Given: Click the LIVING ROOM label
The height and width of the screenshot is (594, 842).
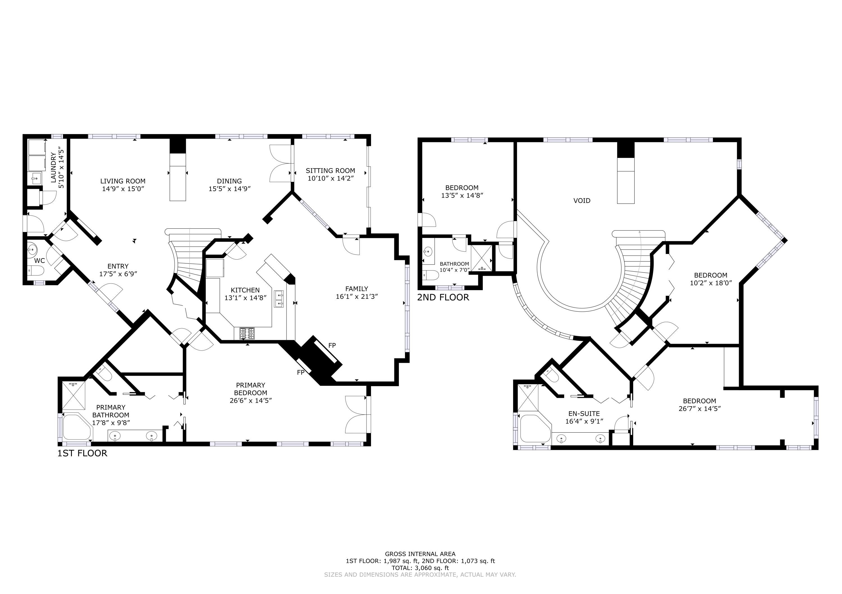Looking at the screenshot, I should pyautogui.click(x=123, y=181).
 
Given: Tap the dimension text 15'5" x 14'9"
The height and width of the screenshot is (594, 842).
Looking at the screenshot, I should pyautogui.click(x=230, y=189).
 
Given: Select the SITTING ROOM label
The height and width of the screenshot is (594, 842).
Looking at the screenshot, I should pyautogui.click(x=330, y=171).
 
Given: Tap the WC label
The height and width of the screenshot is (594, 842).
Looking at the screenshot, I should pyautogui.click(x=40, y=261).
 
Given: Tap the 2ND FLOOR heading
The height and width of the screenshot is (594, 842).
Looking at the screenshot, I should pyautogui.click(x=443, y=297).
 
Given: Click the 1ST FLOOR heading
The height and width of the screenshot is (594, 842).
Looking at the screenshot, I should pyautogui.click(x=82, y=453).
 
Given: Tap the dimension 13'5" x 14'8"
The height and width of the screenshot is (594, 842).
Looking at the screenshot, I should pyautogui.click(x=462, y=196).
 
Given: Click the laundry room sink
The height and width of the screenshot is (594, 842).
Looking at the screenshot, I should pyautogui.click(x=36, y=179).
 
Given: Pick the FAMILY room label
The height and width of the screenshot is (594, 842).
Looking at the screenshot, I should pyautogui.click(x=356, y=289).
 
